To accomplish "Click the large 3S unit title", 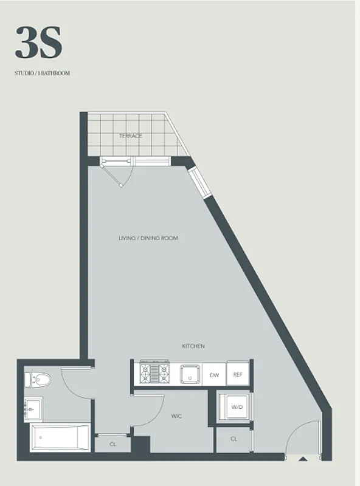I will pyautogui.click(x=38, y=43).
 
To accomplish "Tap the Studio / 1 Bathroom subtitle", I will pyautogui.click(x=43, y=74).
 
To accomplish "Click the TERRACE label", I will pyautogui.click(x=131, y=135).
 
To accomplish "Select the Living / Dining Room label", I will pyautogui.click(x=148, y=238).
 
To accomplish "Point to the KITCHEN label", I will pyautogui.click(x=193, y=346).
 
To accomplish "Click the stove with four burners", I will pyautogui.click(x=154, y=372).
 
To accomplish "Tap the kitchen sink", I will pyautogui.click(x=190, y=373).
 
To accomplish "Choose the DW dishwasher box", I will pyautogui.click(x=214, y=375).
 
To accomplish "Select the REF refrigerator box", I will pyautogui.click(x=238, y=375).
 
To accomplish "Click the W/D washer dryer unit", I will pyautogui.click(x=235, y=407).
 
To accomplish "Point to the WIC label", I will pyautogui.click(x=177, y=416).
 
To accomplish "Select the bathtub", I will pyautogui.click(x=60, y=438).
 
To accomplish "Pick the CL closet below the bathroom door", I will pyautogui.click(x=113, y=444).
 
